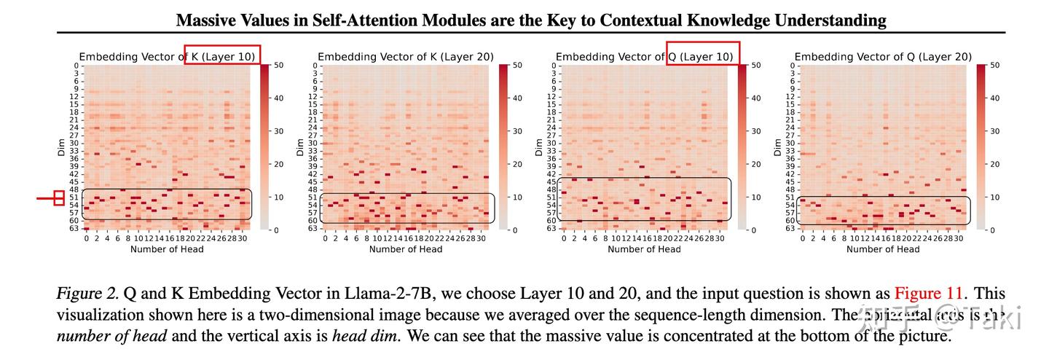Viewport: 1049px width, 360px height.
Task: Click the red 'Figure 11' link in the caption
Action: [930, 294]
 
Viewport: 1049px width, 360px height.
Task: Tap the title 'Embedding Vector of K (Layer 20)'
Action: [406, 57]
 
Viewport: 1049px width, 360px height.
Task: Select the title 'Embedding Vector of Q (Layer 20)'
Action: [883, 57]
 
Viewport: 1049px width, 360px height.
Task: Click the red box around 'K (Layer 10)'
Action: [222, 55]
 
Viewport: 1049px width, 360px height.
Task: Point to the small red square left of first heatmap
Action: [59, 197]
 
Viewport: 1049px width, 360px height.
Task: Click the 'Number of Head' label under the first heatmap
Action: [167, 249]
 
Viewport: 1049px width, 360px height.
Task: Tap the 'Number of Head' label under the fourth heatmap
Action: [883, 249]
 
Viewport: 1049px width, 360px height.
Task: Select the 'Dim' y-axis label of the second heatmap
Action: [300, 147]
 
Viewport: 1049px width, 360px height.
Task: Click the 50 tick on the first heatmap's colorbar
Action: [268, 66]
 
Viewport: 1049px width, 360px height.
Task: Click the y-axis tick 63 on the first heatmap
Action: [74, 228]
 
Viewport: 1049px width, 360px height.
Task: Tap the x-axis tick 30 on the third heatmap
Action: [720, 238]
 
